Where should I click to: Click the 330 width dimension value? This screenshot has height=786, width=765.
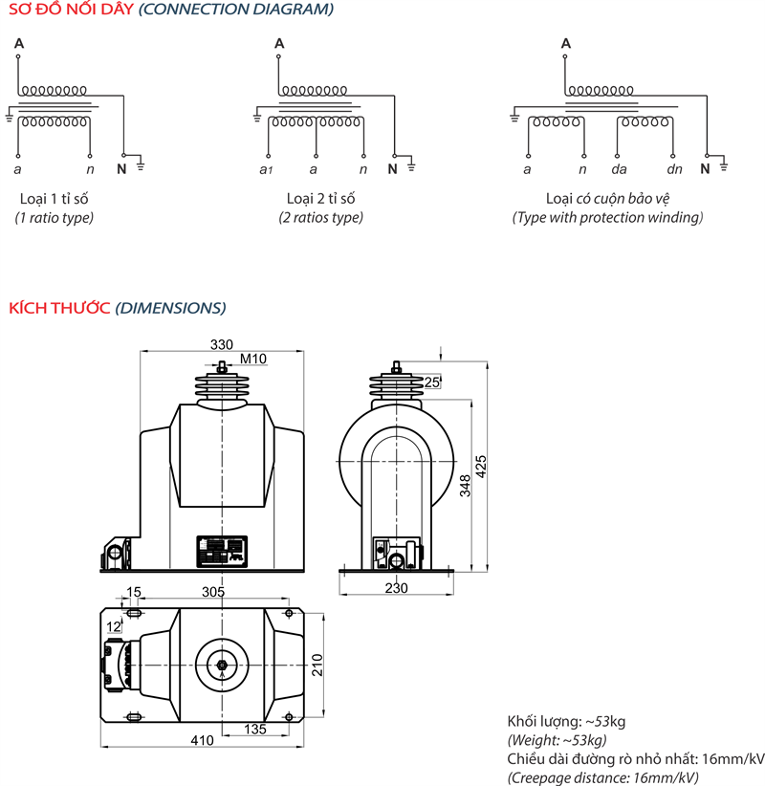pyautogui.click(x=222, y=344)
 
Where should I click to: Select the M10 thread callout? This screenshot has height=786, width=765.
pyautogui.click(x=253, y=360)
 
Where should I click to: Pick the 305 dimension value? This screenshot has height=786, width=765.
pyautogui.click(x=213, y=593)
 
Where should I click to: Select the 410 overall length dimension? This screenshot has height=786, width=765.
pyautogui.click(x=202, y=739)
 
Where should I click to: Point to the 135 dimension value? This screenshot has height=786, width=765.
pyautogui.click(x=254, y=729)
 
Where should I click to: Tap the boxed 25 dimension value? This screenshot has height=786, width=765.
pyautogui.click(x=432, y=382)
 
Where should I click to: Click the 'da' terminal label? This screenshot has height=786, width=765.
pyautogui.click(x=619, y=169)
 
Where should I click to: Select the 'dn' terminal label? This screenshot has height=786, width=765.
pyautogui.click(x=674, y=169)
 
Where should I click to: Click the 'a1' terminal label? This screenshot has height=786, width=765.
pyautogui.click(x=267, y=170)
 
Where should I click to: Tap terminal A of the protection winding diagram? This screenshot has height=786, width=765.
pyautogui.click(x=566, y=43)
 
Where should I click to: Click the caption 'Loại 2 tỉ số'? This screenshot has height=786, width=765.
pyautogui.click(x=320, y=199)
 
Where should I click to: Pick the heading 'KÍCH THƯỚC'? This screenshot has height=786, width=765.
pyautogui.click(x=59, y=308)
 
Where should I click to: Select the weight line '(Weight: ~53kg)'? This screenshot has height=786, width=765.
pyautogui.click(x=556, y=740)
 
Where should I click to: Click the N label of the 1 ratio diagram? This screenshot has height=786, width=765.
pyautogui.click(x=121, y=169)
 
